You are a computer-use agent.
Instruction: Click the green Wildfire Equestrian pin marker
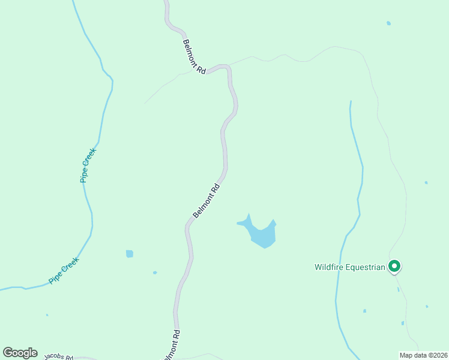pos(394,265)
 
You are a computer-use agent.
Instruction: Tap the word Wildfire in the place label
pos(328,268)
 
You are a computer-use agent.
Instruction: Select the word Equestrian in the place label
pos(364,268)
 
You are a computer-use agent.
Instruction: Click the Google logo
pos(20,353)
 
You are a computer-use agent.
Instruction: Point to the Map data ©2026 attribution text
pos(424,355)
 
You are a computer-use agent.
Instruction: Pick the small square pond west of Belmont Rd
pos(130,254)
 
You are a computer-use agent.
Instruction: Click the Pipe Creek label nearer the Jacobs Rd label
pos(64,270)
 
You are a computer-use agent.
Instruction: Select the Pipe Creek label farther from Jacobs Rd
pos(88,165)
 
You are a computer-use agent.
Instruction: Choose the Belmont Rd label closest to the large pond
pos(206,201)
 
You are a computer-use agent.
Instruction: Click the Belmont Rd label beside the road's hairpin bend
pos(194,56)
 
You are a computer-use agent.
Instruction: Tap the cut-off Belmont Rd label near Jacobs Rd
pos(172,346)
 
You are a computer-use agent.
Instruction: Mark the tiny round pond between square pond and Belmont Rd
pos(155,272)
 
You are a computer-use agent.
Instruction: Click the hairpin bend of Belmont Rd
pos(226,68)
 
